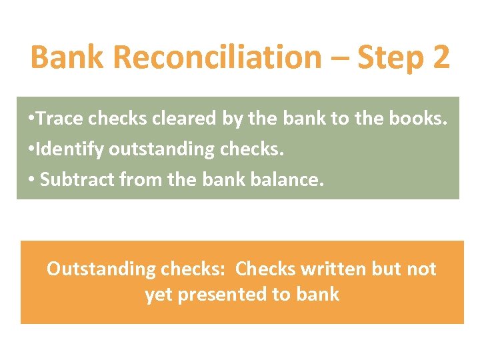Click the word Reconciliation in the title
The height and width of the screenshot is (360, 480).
(x=217, y=57)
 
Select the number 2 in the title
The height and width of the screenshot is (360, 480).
(x=441, y=57)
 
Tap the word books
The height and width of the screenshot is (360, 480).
(x=418, y=119)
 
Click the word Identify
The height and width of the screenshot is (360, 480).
(x=71, y=149)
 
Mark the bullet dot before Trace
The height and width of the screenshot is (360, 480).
(x=33, y=119)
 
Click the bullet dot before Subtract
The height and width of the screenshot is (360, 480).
(x=33, y=180)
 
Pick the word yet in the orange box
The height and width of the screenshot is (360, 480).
(x=158, y=295)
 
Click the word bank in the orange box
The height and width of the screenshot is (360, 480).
(x=318, y=294)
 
